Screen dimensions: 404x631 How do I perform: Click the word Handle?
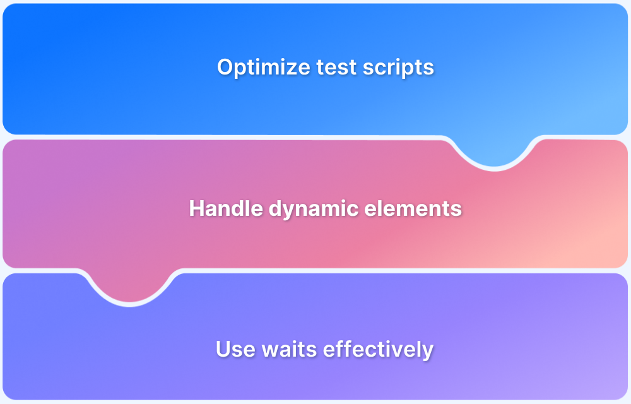point(218,208)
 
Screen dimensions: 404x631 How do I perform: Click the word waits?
point(282,349)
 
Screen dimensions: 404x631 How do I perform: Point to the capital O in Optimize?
point(225,67)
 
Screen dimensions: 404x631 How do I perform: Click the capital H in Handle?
point(196,208)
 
